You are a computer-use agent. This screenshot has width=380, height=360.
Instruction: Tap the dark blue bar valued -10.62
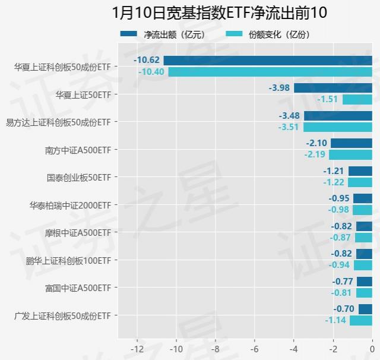(268, 60)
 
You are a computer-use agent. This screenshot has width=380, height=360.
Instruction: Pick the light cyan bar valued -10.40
(270, 71)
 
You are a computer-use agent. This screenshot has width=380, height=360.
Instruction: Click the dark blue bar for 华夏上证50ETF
(333, 88)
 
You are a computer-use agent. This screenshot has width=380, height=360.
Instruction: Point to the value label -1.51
(328, 99)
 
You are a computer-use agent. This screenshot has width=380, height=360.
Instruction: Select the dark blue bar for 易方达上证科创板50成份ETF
(338, 115)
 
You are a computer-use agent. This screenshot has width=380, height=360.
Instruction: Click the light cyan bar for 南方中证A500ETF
(350, 154)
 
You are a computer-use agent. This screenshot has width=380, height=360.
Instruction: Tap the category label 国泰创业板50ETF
(79, 178)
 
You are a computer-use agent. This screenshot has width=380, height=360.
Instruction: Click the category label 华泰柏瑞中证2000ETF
(71, 205)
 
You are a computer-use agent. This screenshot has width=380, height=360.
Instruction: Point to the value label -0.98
(339, 210)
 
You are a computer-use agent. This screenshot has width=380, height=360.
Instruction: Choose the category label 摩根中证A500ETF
(78, 233)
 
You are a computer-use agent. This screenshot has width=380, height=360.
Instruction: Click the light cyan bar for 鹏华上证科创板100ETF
(363, 265)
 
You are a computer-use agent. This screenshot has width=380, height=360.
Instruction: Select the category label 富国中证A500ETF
(78, 288)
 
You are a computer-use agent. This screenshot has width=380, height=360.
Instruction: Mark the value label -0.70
(344, 309)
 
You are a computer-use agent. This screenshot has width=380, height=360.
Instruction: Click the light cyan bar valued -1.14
(361, 320)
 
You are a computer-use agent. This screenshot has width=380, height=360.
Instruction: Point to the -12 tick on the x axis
(137, 349)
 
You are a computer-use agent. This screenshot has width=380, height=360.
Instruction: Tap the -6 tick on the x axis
(255, 349)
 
